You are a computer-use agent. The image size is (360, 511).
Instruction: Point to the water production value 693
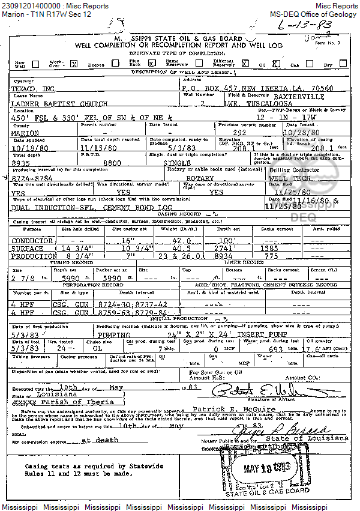(x=279, y=349)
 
